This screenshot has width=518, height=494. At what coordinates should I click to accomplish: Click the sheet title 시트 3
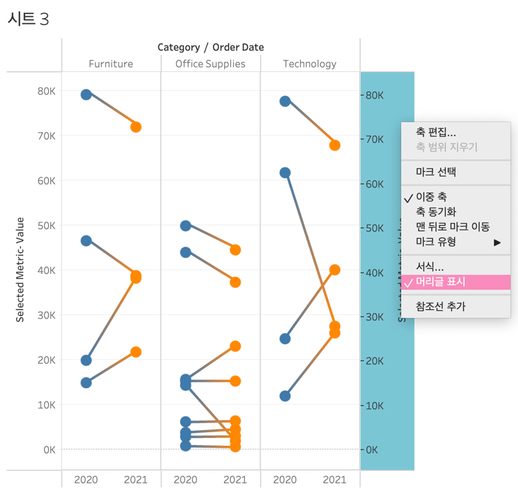tap(28, 19)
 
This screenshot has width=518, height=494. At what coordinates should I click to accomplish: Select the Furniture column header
tap(111, 64)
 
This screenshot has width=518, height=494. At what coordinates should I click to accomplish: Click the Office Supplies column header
tap(210, 64)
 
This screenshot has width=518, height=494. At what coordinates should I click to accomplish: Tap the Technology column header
tap(309, 64)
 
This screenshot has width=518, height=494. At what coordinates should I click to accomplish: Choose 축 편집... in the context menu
tap(436, 132)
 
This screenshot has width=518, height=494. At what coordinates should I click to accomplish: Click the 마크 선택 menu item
tap(436, 172)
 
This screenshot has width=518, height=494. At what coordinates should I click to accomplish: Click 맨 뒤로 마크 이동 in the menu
tap(452, 226)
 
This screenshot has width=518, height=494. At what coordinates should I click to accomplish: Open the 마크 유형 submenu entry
tap(436, 242)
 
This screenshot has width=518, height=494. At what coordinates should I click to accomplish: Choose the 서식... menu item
tap(429, 266)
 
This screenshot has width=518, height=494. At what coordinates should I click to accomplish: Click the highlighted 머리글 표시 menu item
tap(440, 282)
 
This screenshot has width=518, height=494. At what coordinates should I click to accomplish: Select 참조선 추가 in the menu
tap(440, 306)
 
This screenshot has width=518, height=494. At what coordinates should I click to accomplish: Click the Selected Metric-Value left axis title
tap(20, 270)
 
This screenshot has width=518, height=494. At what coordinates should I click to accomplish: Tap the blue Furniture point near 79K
tap(86, 95)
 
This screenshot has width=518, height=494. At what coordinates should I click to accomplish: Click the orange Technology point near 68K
tap(334, 145)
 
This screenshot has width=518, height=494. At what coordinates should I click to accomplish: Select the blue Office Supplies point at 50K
tap(186, 226)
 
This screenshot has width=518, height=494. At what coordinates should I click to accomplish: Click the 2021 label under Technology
tap(334, 480)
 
